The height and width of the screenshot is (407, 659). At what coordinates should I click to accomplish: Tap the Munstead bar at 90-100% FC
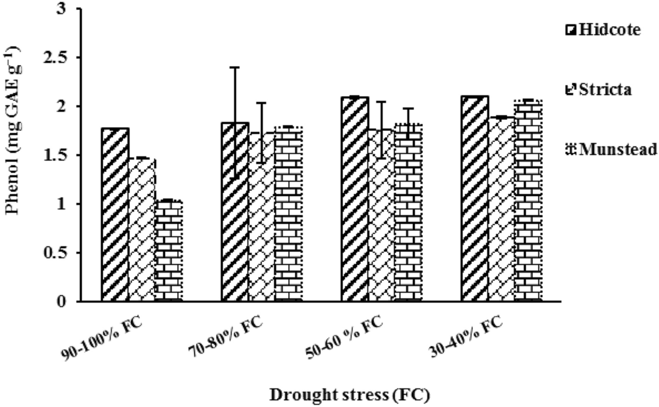coord(169,251)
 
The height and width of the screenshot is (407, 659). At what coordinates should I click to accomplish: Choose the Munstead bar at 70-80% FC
coord(288,214)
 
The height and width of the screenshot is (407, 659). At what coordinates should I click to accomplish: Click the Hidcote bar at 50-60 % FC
coord(355,199)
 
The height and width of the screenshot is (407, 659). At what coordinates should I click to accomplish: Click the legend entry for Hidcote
coord(602,30)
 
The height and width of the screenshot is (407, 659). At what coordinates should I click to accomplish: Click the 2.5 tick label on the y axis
coord(60,58)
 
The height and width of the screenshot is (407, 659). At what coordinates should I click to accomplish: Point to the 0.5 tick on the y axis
coord(60,253)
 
